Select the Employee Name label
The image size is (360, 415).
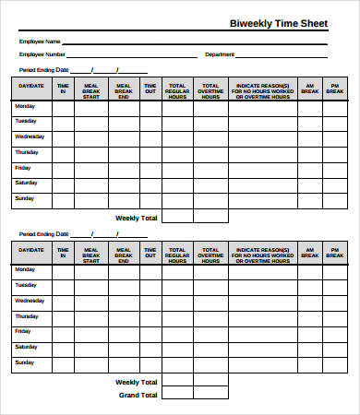[41, 41]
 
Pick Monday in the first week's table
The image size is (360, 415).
[26, 106]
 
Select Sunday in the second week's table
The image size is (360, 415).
[25, 362]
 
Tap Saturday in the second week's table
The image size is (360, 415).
[26, 347]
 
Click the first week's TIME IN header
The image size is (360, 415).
[63, 88]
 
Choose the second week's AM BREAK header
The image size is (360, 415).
[308, 253]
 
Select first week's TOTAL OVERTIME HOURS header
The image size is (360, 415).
[210, 88]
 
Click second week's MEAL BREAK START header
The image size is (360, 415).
[91, 253]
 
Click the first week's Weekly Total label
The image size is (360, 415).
[136, 218]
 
